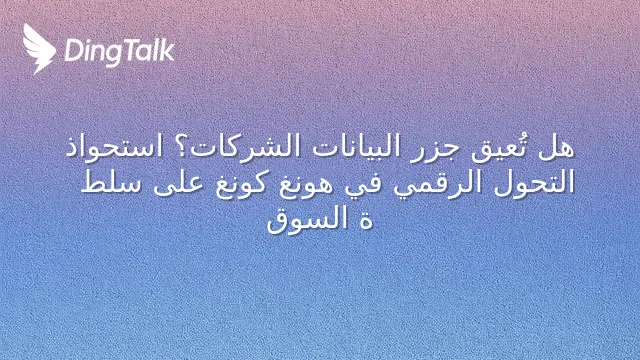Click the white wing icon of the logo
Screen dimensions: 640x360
tap(39, 48)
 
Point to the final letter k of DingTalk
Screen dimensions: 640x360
tap(168, 50)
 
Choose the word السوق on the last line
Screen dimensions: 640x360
tap(307, 220)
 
